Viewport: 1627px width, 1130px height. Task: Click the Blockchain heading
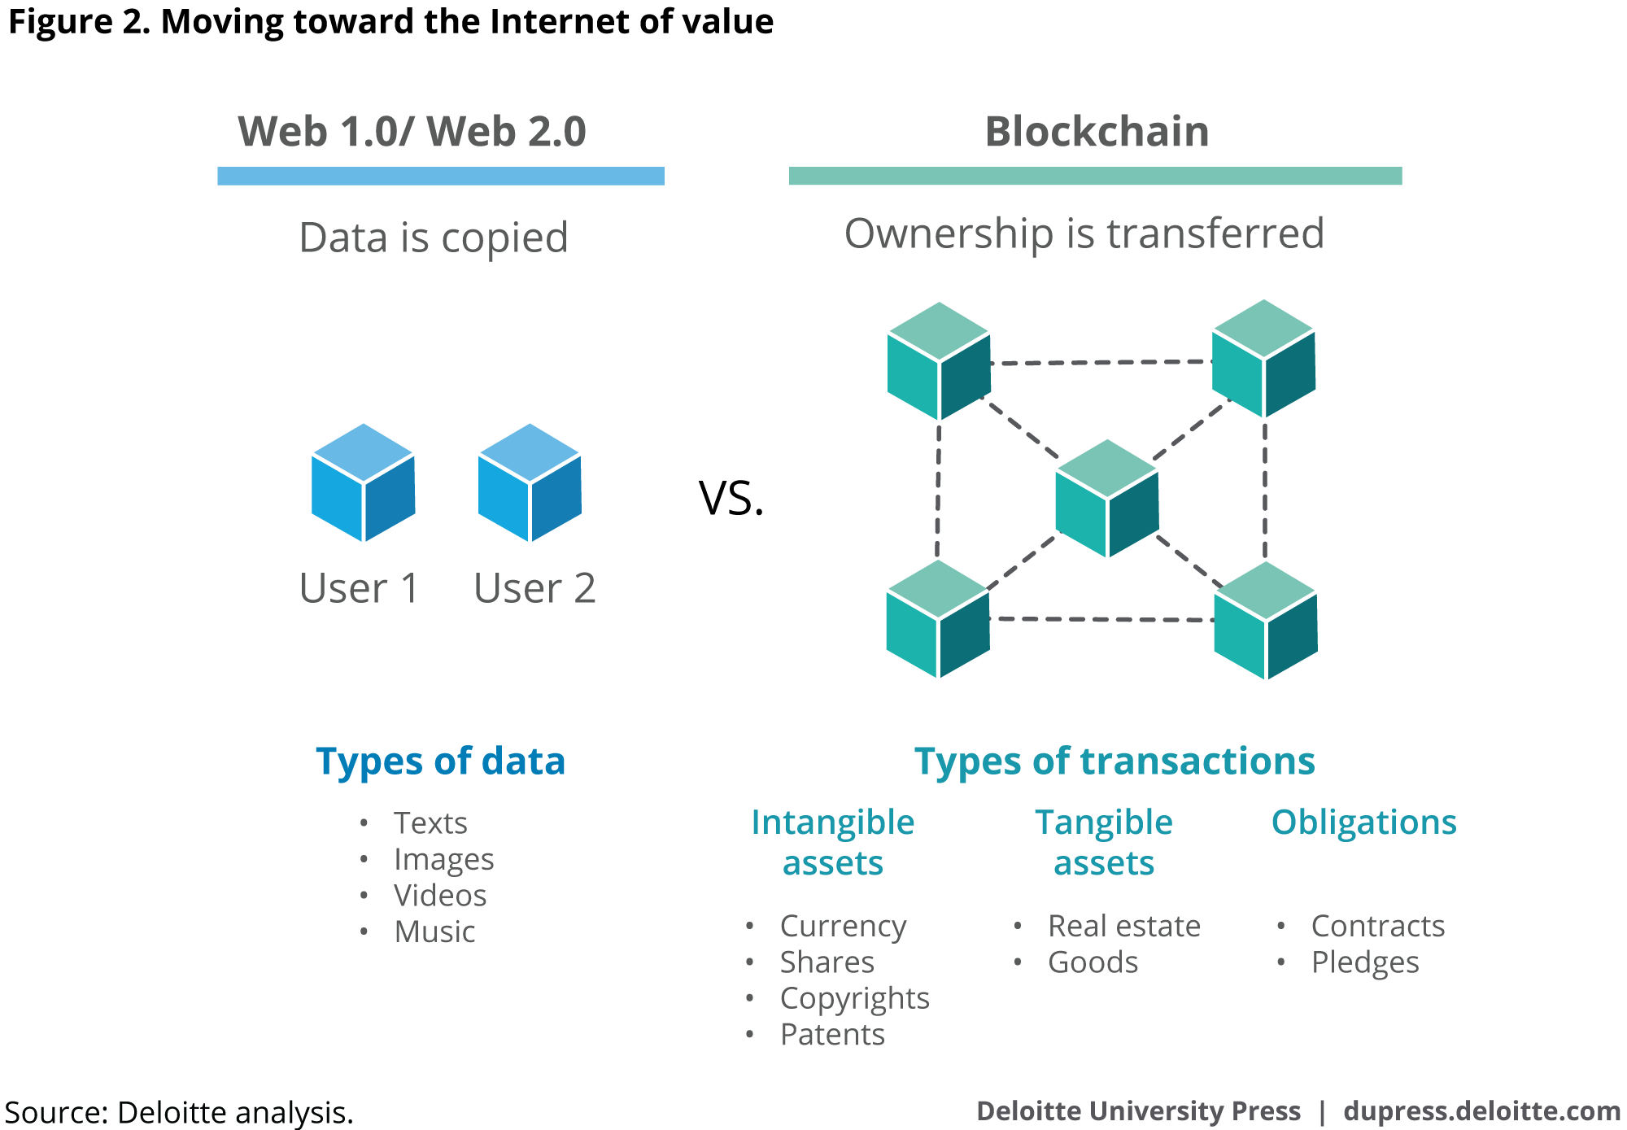coord(1097,132)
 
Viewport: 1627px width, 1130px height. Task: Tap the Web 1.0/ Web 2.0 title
coord(412,132)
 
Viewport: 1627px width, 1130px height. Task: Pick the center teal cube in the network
coord(1106,495)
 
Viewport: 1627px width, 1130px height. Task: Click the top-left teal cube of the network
coord(939,361)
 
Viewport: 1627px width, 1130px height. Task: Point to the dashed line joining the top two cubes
coord(1101,362)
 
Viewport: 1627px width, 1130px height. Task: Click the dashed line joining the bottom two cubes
coord(1101,619)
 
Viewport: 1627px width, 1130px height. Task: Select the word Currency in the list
coord(843,926)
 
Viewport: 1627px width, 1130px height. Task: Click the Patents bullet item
coord(832,1035)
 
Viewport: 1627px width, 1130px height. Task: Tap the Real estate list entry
coord(1124,926)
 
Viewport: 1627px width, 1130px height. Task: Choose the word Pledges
coord(1365,962)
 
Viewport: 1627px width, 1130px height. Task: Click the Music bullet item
coord(434,931)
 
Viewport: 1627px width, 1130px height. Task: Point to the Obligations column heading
coord(1363,822)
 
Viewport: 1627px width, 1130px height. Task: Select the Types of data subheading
coord(440,761)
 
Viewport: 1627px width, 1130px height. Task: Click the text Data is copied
coord(434,238)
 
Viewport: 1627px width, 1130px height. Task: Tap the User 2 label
coord(534,588)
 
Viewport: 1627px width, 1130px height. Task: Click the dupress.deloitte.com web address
coord(1481,1111)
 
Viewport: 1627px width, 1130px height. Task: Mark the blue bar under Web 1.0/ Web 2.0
coord(440,176)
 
